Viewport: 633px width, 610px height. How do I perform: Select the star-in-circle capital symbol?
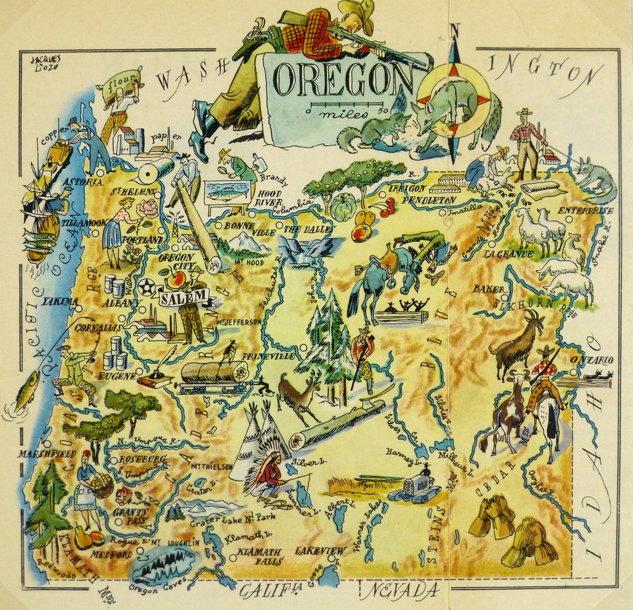[x=145, y=287]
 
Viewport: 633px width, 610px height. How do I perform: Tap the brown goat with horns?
[x=519, y=346]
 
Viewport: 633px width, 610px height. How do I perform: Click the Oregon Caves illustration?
[x=164, y=565]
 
